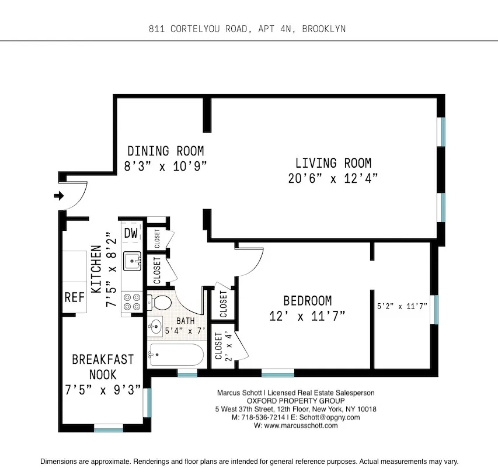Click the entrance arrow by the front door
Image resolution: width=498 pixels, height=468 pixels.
pos(58,196)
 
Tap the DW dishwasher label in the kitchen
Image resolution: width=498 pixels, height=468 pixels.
pos(131,233)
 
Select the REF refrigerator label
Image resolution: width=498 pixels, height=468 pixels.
pos(74,297)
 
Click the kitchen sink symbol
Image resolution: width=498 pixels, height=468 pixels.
pos(132,260)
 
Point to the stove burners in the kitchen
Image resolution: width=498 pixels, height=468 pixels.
pos(132,301)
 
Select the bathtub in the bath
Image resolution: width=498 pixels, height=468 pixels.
pos(176,354)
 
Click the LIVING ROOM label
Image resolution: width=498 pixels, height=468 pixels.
pos(333,164)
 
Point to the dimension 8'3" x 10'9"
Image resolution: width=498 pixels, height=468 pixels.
pos(165,166)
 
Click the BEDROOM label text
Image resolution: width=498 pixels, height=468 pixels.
pos(307,301)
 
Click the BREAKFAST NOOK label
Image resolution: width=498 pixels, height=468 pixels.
pos(103,367)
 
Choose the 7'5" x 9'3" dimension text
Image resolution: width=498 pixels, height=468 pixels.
pos(103,390)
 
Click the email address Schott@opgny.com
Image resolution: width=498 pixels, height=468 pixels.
pos(330,418)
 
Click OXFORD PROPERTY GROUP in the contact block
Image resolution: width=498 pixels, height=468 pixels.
pos(295,401)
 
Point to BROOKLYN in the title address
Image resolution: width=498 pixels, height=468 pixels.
pos(323,29)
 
